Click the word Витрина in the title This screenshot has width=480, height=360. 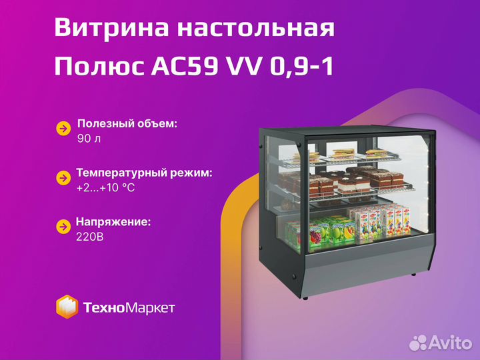(x=112, y=27)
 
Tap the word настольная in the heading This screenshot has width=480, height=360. (x=256, y=28)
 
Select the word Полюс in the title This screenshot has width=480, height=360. (x=99, y=67)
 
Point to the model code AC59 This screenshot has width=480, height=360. (x=185, y=67)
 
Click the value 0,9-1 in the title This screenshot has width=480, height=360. (x=301, y=67)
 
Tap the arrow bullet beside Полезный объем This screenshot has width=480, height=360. (x=64, y=129)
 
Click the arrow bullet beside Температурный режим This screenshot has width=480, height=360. (x=64, y=178)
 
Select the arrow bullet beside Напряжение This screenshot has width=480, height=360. (x=64, y=227)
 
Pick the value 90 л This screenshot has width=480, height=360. (x=89, y=139)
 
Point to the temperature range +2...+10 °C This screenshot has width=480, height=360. (x=105, y=187)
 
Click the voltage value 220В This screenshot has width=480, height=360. (x=90, y=237)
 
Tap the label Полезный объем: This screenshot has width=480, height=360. (x=127, y=124)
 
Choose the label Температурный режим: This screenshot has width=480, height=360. (x=144, y=173)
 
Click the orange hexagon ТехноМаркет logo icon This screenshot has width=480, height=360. (x=67, y=307)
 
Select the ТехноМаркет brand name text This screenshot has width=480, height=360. (x=129, y=307)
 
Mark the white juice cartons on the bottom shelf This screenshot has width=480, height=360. (x=379, y=221)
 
